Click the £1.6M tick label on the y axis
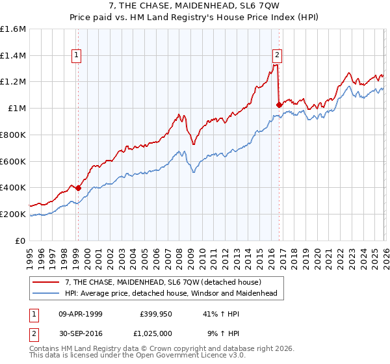pyautogui.click(x=14, y=29)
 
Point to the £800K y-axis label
pyautogui.click(x=14, y=135)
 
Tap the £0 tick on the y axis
pyautogui.click(x=21, y=240)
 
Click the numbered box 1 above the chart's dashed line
pyautogui.click(x=77, y=56)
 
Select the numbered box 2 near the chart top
pyautogui.click(x=278, y=56)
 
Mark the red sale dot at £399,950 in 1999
pyautogui.click(x=78, y=188)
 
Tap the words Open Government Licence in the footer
pyautogui.click(x=165, y=356)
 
